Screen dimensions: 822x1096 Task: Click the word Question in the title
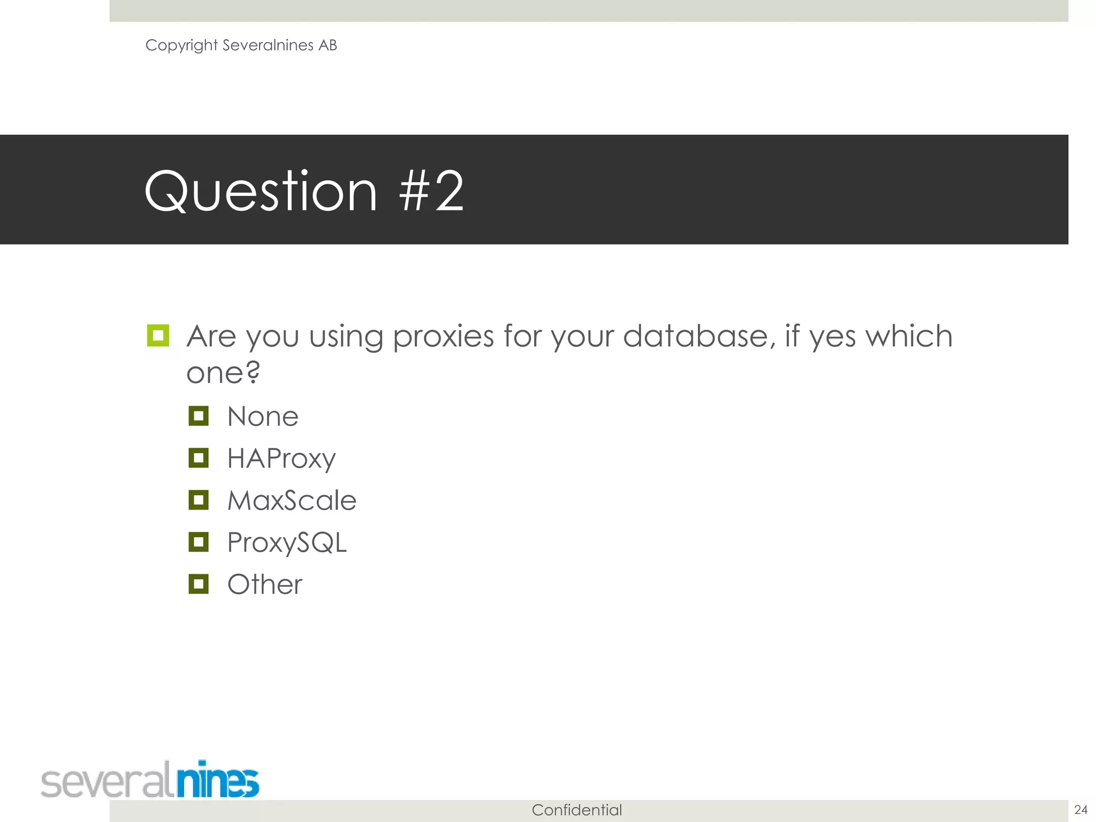[261, 192]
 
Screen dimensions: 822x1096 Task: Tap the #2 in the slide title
[431, 192]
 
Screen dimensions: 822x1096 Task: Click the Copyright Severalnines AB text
[241, 45]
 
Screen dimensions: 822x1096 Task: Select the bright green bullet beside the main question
[158, 336]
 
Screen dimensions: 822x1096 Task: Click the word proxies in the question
[443, 337]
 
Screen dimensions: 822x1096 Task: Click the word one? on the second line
[223, 372]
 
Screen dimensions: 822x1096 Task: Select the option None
[263, 417]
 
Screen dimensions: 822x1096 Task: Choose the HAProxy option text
[281, 459]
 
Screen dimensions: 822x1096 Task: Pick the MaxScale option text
[292, 501]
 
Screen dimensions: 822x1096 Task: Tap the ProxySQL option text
[287, 543]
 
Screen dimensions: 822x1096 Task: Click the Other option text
[265, 584]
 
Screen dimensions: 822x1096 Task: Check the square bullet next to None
[199, 416]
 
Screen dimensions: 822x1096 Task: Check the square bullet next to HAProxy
[199, 458]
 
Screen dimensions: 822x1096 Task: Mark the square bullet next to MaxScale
[199, 500]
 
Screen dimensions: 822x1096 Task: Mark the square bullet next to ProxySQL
[199, 542]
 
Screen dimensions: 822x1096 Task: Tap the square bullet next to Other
[199, 584]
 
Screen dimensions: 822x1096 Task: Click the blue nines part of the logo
[218, 781]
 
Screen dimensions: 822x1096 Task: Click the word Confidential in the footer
[576, 810]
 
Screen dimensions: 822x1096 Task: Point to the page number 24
[1081, 810]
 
